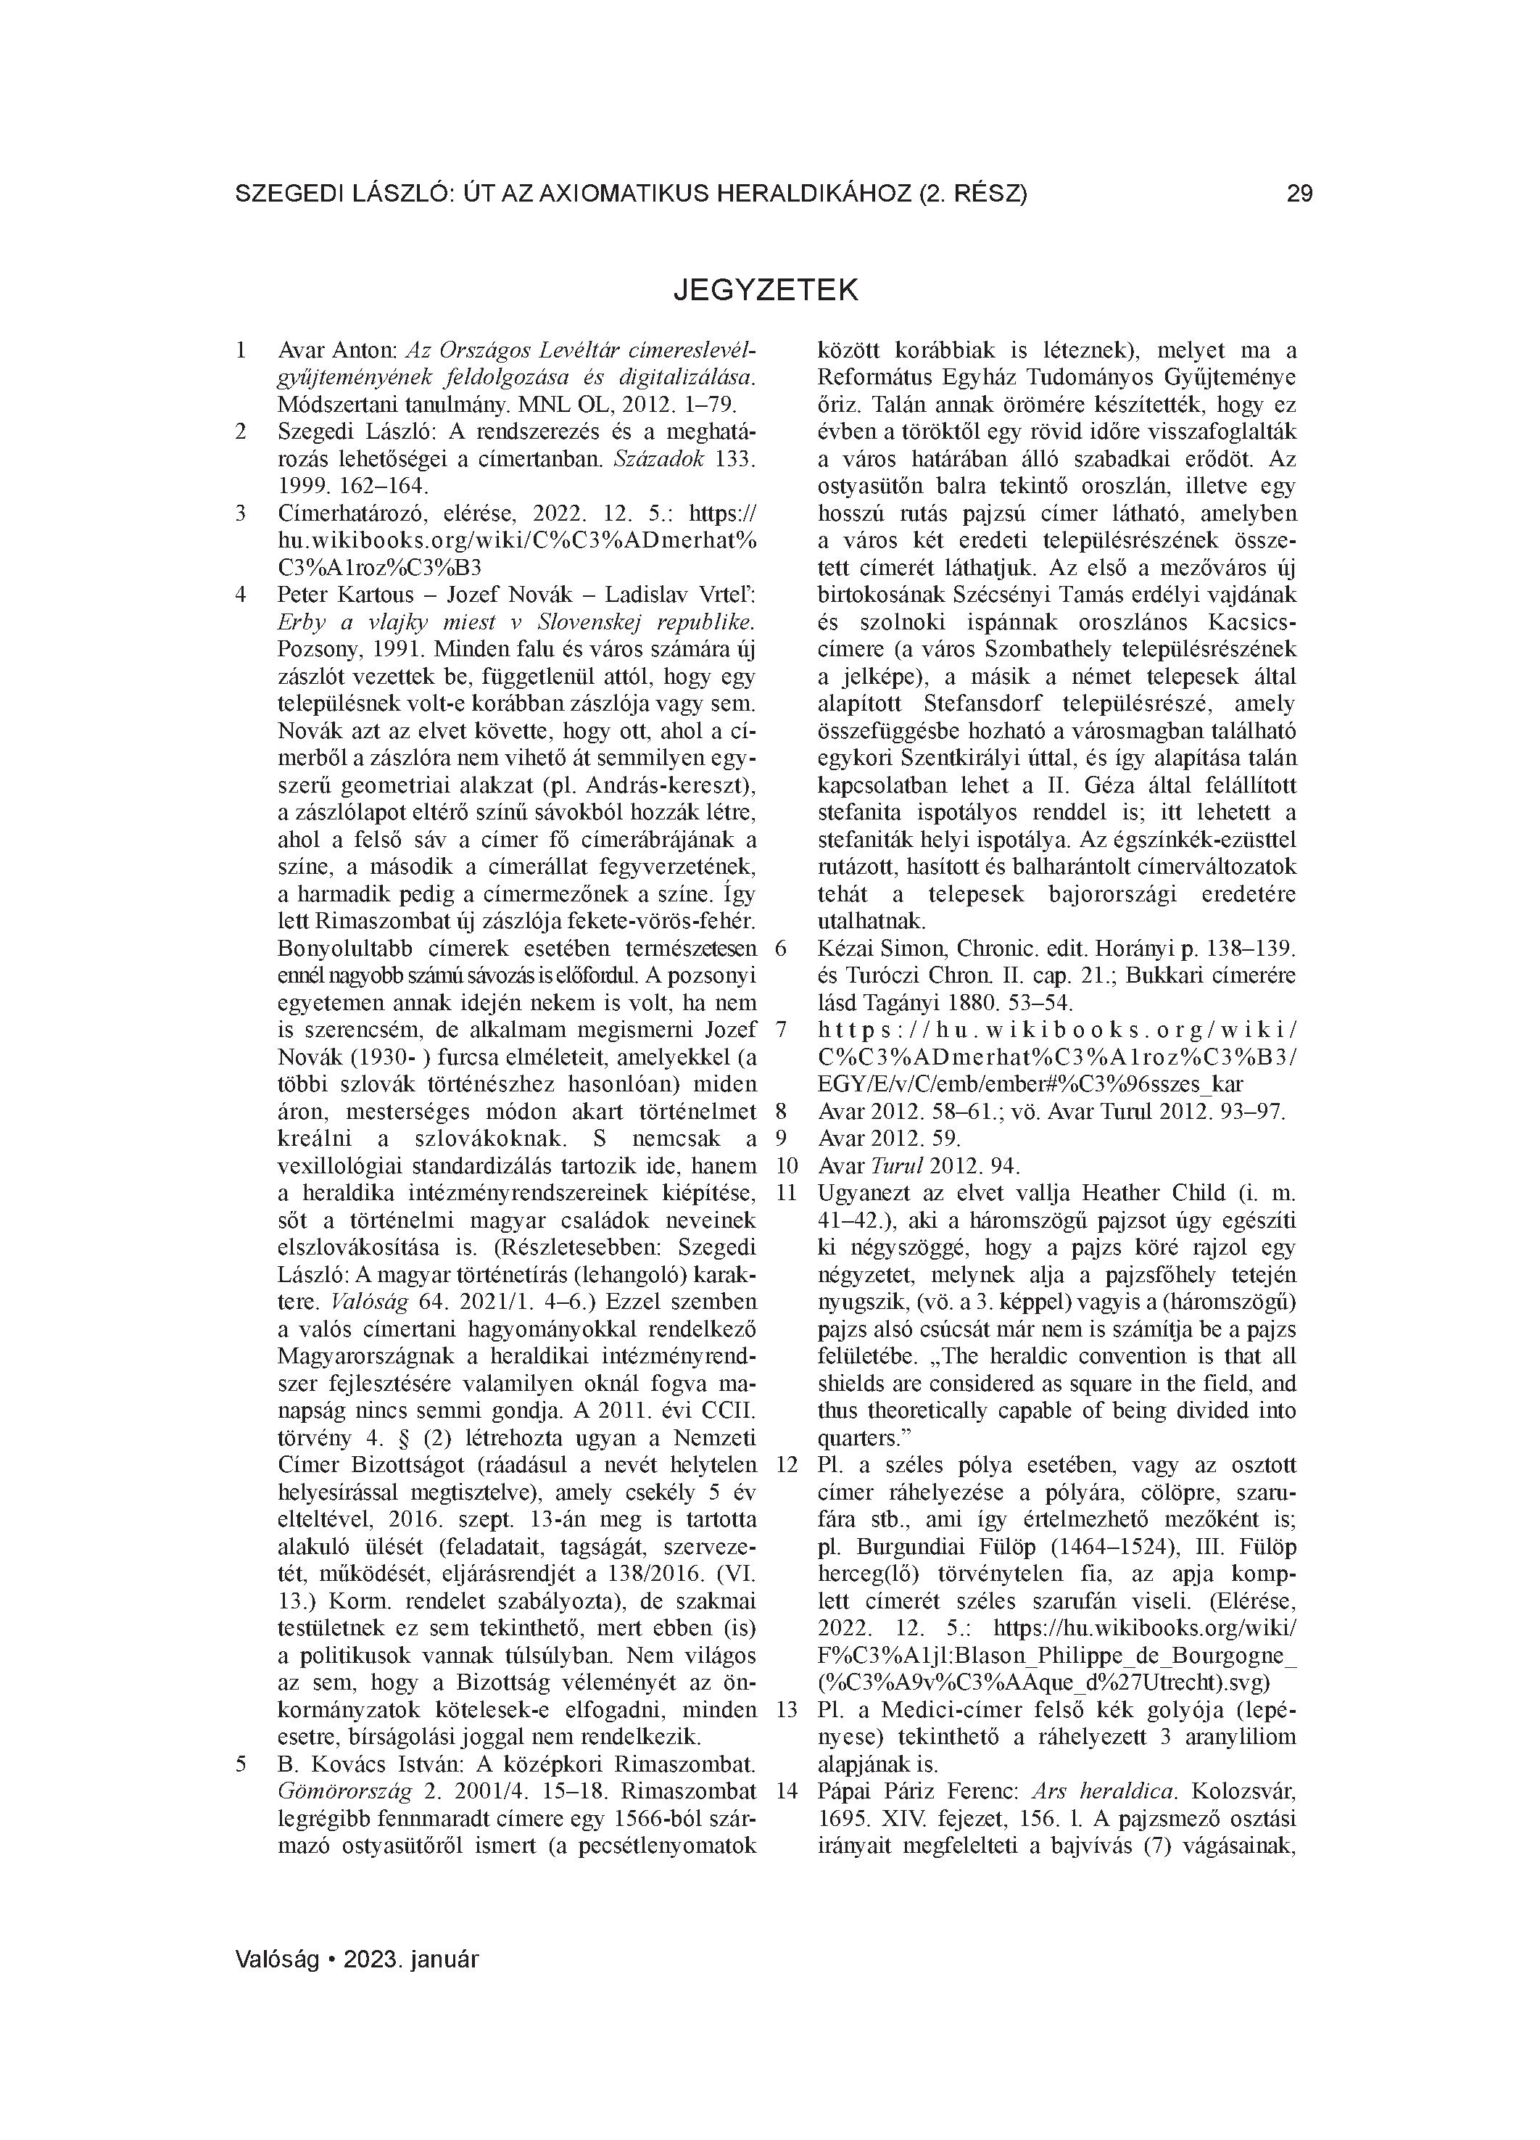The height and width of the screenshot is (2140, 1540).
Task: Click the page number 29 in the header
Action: pyautogui.click(x=1299, y=194)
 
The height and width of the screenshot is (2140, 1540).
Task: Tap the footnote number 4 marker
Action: pyautogui.click(x=241, y=595)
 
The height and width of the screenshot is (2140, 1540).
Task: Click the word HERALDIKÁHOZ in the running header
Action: pyautogui.click(x=808, y=194)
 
